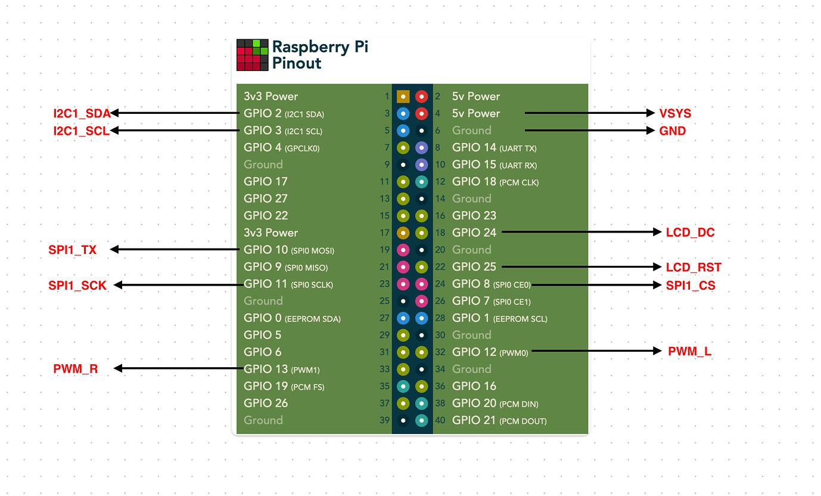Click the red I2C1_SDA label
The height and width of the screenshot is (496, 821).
[x=82, y=113]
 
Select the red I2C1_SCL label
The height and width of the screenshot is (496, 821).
[x=81, y=131]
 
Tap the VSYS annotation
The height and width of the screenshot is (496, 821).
[x=675, y=113]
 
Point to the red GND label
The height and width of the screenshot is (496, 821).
[x=673, y=131]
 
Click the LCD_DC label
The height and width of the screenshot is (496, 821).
[x=690, y=232]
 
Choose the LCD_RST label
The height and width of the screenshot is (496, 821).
[x=694, y=268]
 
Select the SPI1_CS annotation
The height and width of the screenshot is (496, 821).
[x=691, y=286]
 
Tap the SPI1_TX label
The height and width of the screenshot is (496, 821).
[x=72, y=250]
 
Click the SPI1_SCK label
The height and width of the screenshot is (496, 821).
[x=77, y=286]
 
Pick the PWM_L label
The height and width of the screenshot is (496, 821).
[x=689, y=351]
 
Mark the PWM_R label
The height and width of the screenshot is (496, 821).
[x=76, y=370]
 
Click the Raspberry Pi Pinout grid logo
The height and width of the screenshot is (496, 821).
[x=252, y=55]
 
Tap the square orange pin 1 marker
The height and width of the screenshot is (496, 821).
[x=403, y=96]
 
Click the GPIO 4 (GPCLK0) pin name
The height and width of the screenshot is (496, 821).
[x=281, y=148]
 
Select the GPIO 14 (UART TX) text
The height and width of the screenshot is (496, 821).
[x=494, y=148]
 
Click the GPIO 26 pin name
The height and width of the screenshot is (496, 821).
[x=266, y=404]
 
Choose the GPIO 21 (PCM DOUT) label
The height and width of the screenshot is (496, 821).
[x=499, y=421]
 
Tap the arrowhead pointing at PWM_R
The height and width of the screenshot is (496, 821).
[x=118, y=369]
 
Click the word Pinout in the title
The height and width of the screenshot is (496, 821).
[x=297, y=63]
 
